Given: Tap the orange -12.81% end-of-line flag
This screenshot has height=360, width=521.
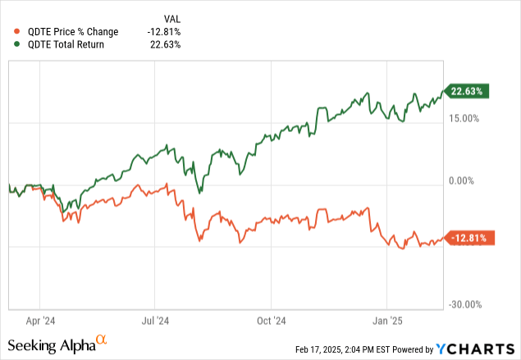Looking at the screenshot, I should coord(470,238).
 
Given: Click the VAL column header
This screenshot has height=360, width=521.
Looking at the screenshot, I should coord(171,18).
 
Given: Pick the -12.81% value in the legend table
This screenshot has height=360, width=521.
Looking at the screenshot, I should coord(164,31).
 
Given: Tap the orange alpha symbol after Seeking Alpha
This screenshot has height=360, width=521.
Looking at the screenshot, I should coord(102,339).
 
